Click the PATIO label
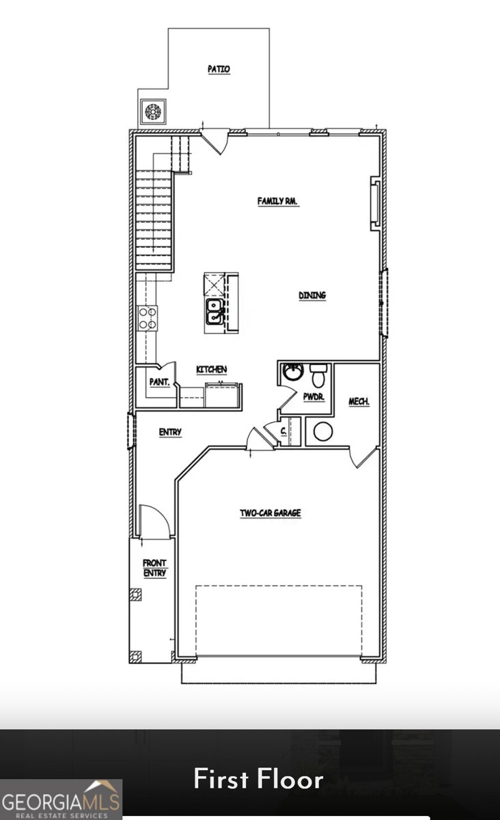click(219, 69)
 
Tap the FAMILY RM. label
click(279, 201)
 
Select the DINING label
click(312, 295)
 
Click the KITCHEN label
click(212, 369)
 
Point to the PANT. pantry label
click(160, 382)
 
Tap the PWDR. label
click(314, 397)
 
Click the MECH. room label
click(359, 402)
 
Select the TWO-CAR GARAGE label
click(270, 513)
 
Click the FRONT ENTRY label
click(154, 568)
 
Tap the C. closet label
click(283, 430)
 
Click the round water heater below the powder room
click(322, 431)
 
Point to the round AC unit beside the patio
click(152, 111)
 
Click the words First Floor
click(258, 780)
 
